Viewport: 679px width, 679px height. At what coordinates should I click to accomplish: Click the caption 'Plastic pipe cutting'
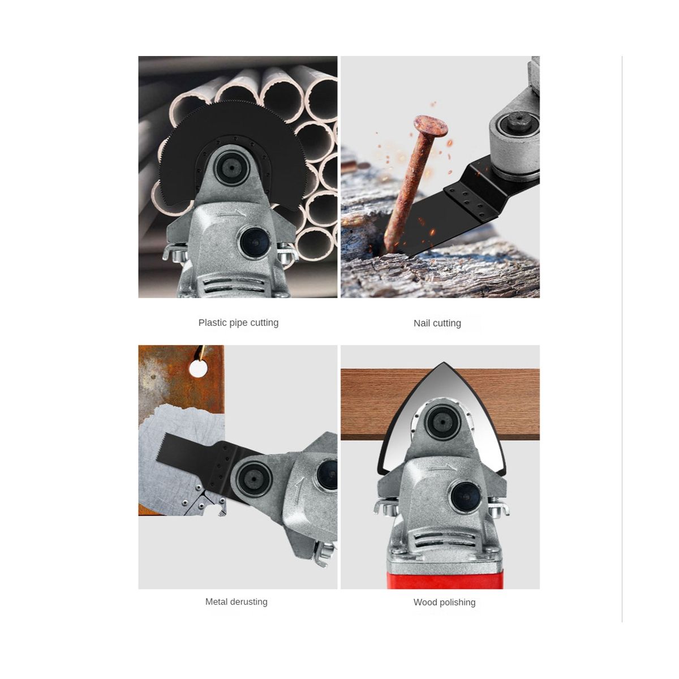238,323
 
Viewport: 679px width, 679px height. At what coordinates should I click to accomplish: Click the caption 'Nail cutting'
437,323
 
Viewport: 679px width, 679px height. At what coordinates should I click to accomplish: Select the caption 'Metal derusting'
237,601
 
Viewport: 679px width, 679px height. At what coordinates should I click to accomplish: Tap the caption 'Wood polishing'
444,602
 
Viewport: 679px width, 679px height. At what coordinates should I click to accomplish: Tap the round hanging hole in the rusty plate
199,369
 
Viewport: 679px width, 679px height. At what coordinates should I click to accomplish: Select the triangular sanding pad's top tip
444,362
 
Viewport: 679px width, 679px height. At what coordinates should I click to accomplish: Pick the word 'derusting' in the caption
248,601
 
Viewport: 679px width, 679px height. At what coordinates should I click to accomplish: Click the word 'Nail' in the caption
422,323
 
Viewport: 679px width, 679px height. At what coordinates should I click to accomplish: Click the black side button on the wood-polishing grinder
466,497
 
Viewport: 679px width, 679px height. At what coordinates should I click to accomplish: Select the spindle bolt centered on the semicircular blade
233,169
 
